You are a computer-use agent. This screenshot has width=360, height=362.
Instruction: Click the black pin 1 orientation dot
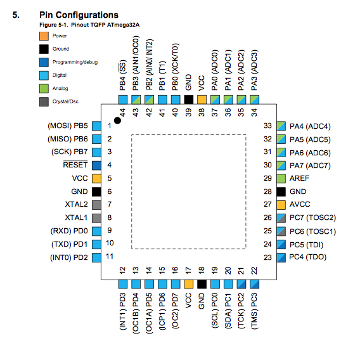(117, 120)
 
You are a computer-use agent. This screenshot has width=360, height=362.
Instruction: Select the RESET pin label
(75, 165)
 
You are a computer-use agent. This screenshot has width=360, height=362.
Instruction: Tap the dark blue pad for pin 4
(96, 165)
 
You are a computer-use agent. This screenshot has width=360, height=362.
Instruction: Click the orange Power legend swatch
(44, 36)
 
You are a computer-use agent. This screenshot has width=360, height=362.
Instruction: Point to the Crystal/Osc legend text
(65, 101)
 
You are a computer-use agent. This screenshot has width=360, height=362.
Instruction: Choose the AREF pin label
(299, 178)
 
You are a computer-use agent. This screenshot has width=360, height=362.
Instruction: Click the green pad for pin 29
(281, 179)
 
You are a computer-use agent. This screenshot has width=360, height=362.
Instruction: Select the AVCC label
(300, 204)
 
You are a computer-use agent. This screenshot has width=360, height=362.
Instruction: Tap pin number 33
(267, 126)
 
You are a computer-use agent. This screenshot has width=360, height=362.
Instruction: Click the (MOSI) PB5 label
(68, 126)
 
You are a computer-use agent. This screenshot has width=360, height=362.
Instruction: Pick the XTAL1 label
(76, 217)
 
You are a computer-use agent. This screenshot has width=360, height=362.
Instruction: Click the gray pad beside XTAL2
(96, 205)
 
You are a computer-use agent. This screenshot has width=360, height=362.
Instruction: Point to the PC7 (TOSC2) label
(312, 217)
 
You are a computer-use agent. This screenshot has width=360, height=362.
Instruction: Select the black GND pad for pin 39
(188, 100)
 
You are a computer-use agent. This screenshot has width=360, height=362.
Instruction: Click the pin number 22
(254, 271)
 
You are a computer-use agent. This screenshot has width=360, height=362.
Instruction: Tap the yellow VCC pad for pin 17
(188, 284)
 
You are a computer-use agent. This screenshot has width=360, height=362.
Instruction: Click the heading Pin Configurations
(79, 15)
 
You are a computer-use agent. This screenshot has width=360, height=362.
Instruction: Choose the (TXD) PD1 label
(69, 244)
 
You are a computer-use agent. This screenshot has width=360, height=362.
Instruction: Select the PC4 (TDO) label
(308, 257)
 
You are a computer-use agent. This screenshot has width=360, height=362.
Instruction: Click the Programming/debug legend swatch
(44, 62)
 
